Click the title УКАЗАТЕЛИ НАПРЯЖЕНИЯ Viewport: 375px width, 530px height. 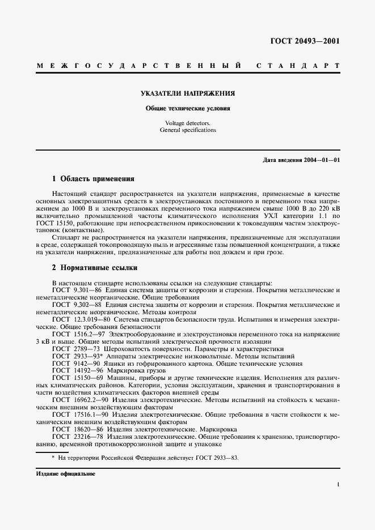188,93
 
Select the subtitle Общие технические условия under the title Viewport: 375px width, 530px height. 188,108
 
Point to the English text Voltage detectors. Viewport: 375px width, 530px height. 187,123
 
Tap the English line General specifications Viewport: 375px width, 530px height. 187,130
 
